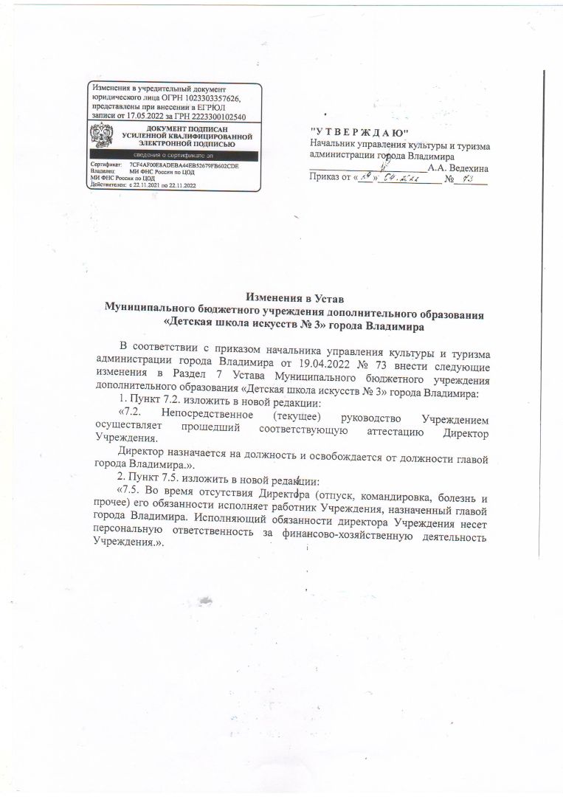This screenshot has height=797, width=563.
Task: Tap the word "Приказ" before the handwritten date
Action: click(x=326, y=179)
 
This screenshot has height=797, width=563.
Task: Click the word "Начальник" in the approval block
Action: click(x=336, y=145)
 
